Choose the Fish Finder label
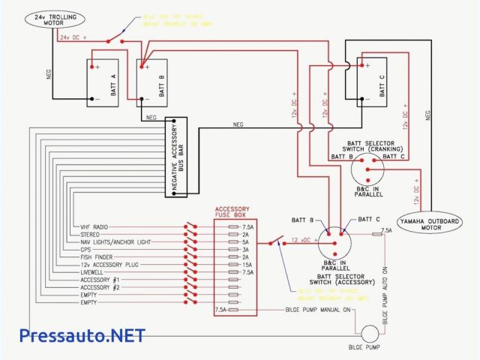[x=97, y=257]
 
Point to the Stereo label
[x=91, y=234]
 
